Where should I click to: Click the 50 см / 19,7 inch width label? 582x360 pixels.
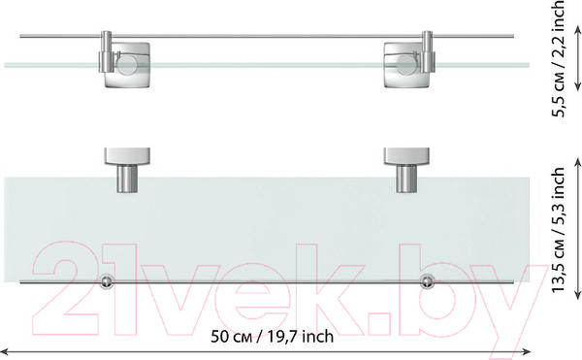click(x=272, y=337)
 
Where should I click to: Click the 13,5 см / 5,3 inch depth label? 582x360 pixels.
click(x=558, y=230)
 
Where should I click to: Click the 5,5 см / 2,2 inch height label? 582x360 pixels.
click(x=558, y=58)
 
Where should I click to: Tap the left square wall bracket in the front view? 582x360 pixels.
click(x=127, y=65)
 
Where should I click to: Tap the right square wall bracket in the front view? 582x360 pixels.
click(x=406, y=65)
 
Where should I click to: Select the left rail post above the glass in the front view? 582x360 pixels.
click(x=106, y=51)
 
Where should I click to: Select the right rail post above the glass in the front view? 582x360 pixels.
click(x=427, y=51)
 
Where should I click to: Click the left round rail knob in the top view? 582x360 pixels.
click(x=107, y=281)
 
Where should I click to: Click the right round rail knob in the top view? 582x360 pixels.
click(x=427, y=281)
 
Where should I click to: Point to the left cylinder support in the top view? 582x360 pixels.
click(x=127, y=179)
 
